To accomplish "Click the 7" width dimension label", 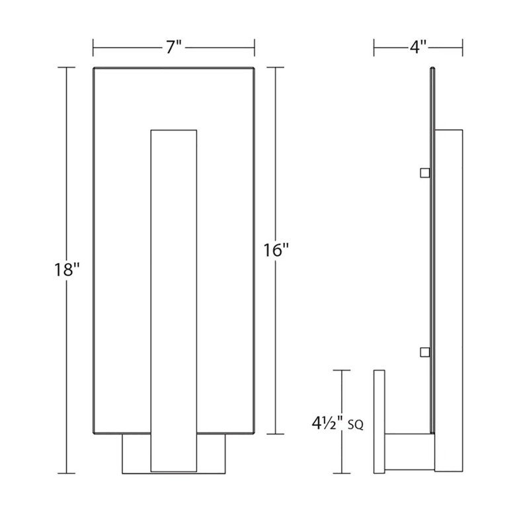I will tap(174, 47).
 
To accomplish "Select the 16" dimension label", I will tap(275, 251).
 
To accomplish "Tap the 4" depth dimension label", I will tap(417, 47).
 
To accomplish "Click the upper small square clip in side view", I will tap(425, 173).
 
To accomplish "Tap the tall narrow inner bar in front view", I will tap(174, 298).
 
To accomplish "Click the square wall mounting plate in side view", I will tap(380, 421).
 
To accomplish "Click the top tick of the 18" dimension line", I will tap(66, 67).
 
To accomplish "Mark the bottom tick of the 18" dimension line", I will tap(66, 473).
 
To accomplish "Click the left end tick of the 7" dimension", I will tap(93, 47).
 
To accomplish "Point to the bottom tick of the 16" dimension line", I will tap(275, 434).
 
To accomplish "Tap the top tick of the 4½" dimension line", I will tap(342, 370).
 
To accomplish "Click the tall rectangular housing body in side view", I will tap(449, 298).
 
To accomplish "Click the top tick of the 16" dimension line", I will tap(275, 67).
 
